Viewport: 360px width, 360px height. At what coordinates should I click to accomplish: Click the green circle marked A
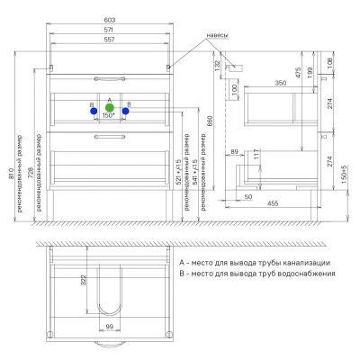tap(109, 107)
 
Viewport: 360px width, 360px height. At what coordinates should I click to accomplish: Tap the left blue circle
tap(92, 112)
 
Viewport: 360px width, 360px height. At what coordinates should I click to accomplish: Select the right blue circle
tap(125, 112)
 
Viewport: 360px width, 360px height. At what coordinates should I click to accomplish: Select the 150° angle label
tap(109, 117)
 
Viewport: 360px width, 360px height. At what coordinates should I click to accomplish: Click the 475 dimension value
tap(297, 71)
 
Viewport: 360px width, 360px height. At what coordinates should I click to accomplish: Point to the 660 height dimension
tap(211, 120)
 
